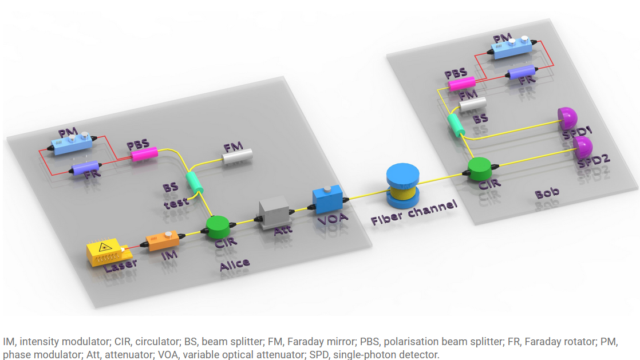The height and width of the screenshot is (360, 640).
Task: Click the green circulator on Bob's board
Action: (480, 168)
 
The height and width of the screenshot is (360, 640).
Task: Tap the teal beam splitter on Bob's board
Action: (456, 125)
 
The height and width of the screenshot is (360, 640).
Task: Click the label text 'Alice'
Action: (235, 264)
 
